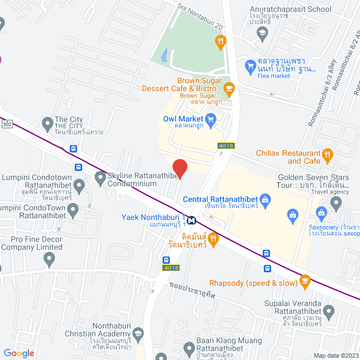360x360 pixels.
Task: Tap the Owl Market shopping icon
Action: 211,119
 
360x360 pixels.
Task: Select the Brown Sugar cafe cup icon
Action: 229,88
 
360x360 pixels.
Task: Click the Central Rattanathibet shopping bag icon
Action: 266,199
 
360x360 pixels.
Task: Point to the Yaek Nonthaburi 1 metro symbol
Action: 192,220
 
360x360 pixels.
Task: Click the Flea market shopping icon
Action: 250,67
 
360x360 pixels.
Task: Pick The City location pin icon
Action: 47,123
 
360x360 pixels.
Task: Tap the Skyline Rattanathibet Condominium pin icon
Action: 100,179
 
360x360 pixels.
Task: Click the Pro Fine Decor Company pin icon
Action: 49,259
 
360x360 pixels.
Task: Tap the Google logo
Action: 19,353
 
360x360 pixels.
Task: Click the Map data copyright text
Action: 335,355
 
